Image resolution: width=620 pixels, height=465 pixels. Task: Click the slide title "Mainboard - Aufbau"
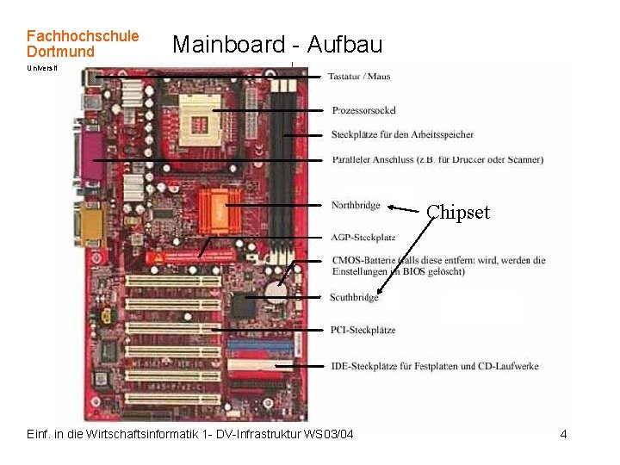point(276,44)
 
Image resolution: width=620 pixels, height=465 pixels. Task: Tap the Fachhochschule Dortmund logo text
point(82,44)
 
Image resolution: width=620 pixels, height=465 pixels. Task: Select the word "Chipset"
point(458,212)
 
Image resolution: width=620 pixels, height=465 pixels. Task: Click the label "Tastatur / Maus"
point(358,77)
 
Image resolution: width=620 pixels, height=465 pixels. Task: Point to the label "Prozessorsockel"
point(363,110)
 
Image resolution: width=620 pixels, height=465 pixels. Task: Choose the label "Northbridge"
point(355,205)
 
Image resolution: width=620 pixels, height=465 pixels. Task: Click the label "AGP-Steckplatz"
point(363,237)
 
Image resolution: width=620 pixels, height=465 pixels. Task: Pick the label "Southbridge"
point(354,298)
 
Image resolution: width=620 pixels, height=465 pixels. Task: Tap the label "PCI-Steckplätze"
point(363,330)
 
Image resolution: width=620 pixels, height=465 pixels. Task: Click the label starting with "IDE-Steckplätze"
point(434,366)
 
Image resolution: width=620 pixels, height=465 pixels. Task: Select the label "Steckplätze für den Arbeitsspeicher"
point(402,134)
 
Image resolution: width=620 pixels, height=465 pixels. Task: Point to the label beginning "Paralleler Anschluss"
point(437,159)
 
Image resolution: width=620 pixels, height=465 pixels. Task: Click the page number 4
point(563,434)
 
